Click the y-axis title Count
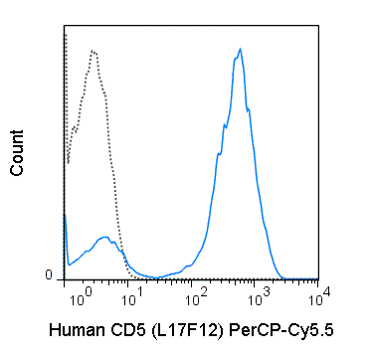tap(17, 157)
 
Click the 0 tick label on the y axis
tap(49, 275)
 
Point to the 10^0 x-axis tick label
tap(68, 295)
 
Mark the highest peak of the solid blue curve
tap(241, 48)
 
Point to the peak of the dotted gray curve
tap(92, 50)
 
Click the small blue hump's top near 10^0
tap(103, 237)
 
